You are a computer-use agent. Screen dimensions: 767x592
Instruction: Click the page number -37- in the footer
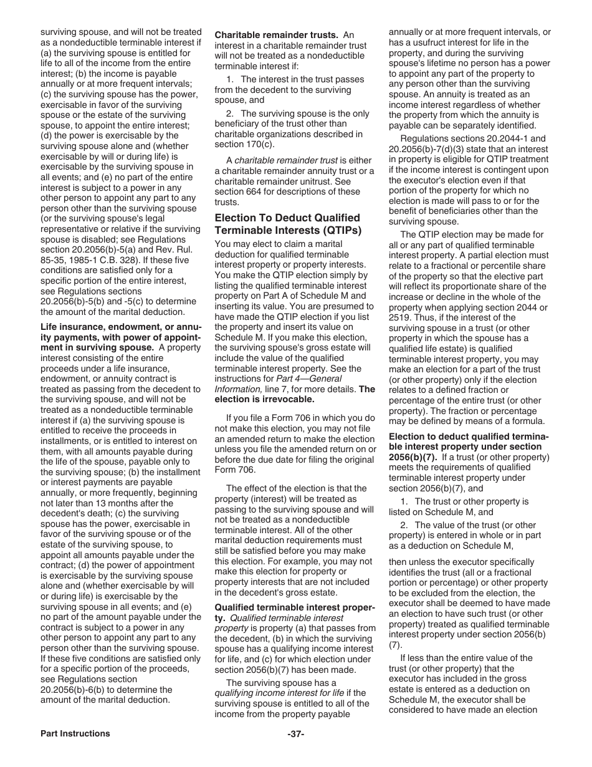click(295, 734)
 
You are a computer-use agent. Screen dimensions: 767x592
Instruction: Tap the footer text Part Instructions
click(75, 733)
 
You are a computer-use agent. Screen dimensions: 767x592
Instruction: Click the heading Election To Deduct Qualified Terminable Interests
click(287, 224)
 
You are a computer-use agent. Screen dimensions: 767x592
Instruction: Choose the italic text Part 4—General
click(309, 379)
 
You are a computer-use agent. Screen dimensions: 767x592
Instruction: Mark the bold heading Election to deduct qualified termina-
click(469, 437)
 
